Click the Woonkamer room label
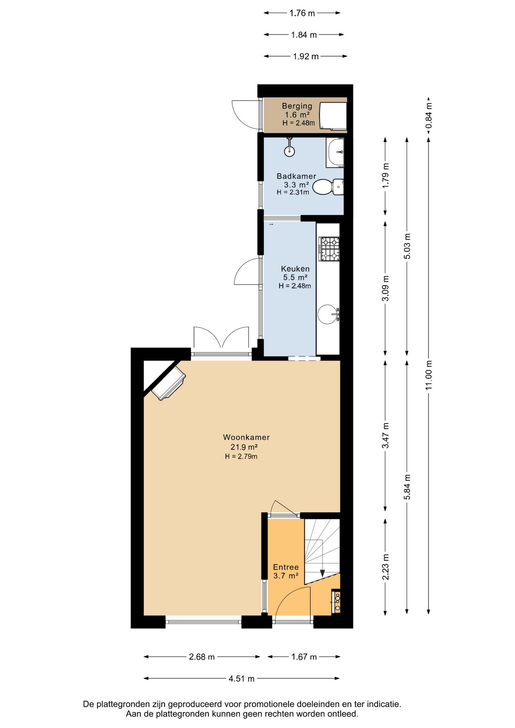[x=246, y=437]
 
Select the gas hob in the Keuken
[x=329, y=249]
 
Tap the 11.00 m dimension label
[x=429, y=375]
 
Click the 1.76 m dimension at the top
[x=302, y=13]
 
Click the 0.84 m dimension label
[x=429, y=116]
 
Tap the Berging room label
[x=297, y=106]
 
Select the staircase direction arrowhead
[x=322, y=573]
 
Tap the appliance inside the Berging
[x=333, y=116]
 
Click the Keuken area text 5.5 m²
[x=295, y=278]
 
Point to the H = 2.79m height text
[x=241, y=457]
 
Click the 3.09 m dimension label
[x=385, y=288]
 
